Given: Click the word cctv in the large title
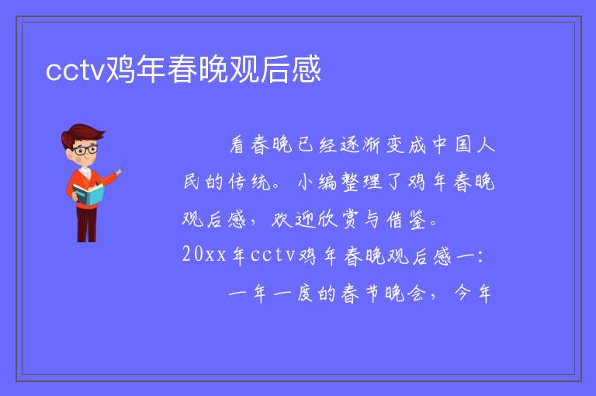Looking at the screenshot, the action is pyautogui.click(x=74, y=70).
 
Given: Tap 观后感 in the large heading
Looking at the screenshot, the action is pyautogui.click(x=275, y=69).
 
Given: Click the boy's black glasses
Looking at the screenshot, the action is pyautogui.click(x=85, y=150).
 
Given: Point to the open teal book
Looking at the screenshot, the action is pyautogui.click(x=88, y=194).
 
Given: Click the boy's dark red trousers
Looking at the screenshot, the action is pyautogui.click(x=87, y=224).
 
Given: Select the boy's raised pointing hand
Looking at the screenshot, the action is pyautogui.click(x=119, y=172).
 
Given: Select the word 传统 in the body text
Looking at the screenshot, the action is pyautogui.click(x=250, y=182).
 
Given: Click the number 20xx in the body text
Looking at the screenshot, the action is pyautogui.click(x=204, y=255).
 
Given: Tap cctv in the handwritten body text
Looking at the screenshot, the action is pyautogui.click(x=273, y=255).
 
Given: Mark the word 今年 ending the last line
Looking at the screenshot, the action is pyautogui.click(x=473, y=294).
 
